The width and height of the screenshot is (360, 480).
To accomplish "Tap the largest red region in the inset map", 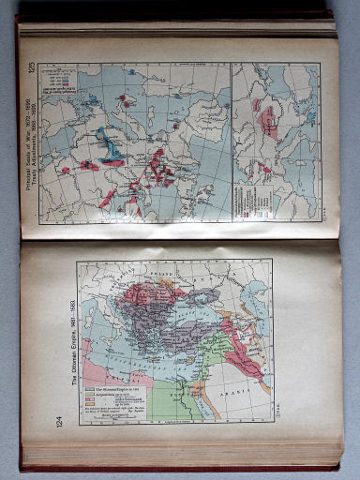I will (x=270, y=122).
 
